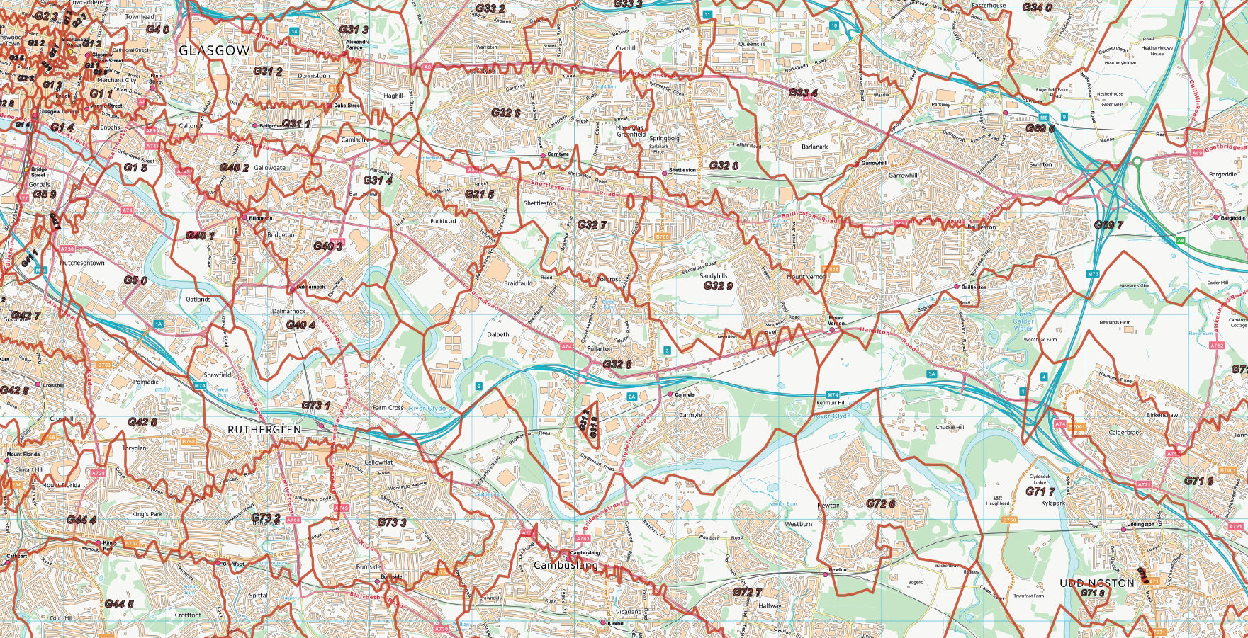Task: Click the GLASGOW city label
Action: pos(214,51)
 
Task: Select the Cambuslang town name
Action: pos(566,565)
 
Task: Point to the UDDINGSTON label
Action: pos(1096,583)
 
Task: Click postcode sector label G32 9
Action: pos(717,286)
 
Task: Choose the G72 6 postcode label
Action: pos(880,503)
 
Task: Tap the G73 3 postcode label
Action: pos(391,523)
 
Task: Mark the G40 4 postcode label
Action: pos(300,324)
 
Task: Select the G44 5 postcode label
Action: pos(118,603)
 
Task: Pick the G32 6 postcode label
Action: pos(505,113)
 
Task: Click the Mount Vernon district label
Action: pos(806,277)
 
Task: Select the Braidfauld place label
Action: pos(518,283)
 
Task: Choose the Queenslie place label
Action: pos(752,44)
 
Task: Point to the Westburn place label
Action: pos(798,524)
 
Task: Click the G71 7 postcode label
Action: pos(1040,491)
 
